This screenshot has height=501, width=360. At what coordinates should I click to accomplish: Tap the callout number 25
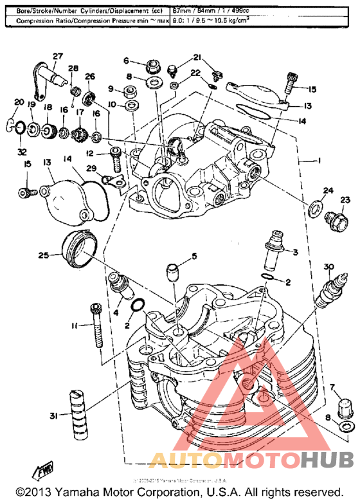click(42, 255)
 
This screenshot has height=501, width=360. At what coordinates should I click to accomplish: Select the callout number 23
click(345, 201)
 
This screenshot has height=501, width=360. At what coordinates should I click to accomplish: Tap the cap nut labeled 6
click(153, 65)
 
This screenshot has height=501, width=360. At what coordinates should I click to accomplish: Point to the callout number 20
click(17, 102)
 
